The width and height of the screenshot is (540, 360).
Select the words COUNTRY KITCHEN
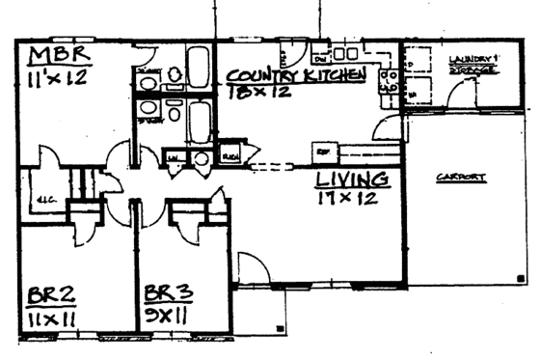click(296, 75)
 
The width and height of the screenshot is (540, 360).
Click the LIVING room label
click(353, 180)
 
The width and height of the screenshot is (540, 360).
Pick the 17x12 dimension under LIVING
click(346, 199)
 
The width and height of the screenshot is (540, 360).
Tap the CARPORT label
click(459, 178)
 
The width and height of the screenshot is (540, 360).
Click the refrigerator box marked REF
click(322, 152)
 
